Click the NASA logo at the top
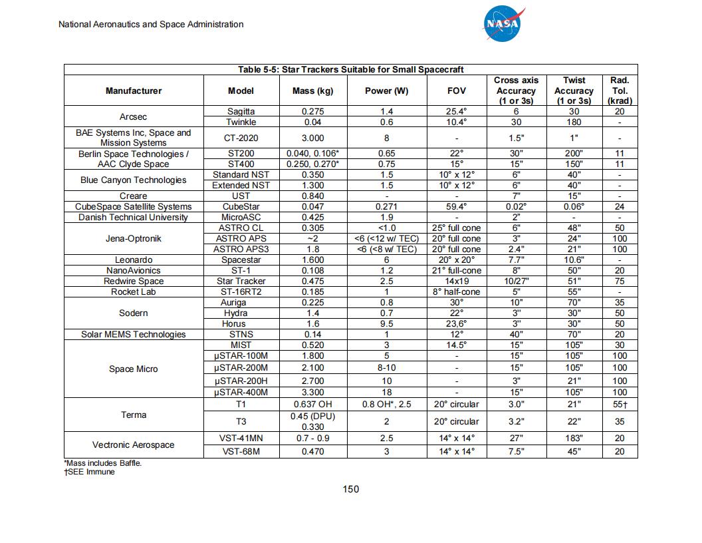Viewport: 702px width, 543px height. [503, 24]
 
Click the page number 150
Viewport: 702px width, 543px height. [350, 489]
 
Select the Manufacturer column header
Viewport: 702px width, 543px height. [133, 90]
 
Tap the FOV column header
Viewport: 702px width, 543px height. [457, 90]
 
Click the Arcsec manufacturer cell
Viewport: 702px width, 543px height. [133, 116]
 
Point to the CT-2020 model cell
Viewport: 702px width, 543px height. [241, 138]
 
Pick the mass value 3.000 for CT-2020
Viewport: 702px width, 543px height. [312, 138]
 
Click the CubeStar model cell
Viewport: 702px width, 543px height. [241, 206]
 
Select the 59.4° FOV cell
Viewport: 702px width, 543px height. [457, 206]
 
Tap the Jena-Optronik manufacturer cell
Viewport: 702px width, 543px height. [133, 238]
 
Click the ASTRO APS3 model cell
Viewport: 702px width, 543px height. [241, 249]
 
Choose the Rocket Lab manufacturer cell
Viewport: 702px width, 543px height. [133, 291]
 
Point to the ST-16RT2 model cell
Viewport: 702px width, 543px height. [241, 291]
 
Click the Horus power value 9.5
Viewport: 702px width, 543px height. [386, 323]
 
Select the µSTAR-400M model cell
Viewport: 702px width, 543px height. [241, 392]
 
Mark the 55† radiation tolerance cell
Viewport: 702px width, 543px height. [620, 404]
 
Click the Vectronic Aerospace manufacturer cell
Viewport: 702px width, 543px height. [133, 445]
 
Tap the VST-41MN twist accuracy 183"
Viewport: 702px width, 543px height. [574, 438]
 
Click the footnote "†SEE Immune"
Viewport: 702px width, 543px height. [90, 472]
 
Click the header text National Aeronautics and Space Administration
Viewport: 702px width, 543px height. [151, 25]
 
